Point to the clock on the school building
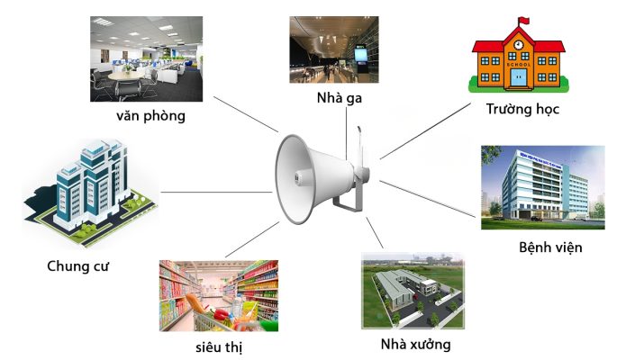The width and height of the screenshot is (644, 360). point(520,40)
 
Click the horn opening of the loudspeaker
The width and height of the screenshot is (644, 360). point(294,179)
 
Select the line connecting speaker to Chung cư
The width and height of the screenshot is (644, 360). point(216,191)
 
